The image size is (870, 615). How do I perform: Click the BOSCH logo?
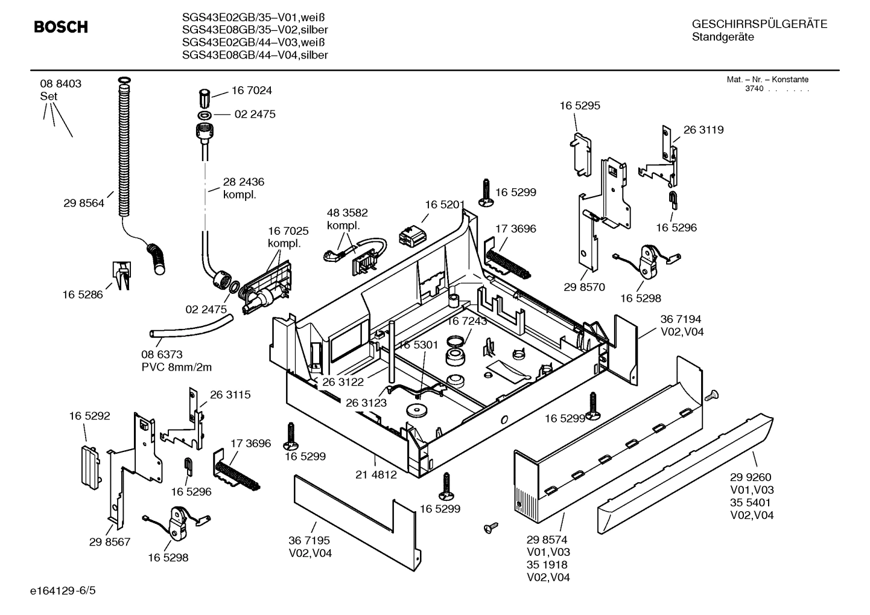[61, 27]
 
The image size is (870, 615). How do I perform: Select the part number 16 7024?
[252, 91]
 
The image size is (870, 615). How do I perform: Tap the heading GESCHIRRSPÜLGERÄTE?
[759, 24]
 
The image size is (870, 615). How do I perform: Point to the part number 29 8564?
[83, 203]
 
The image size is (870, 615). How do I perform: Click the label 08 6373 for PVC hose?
[162, 354]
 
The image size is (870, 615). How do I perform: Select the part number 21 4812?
[376, 474]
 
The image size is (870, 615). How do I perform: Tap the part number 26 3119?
[703, 130]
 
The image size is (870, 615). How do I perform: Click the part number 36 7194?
[681, 319]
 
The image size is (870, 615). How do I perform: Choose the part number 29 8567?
[110, 542]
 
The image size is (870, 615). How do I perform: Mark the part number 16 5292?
[89, 416]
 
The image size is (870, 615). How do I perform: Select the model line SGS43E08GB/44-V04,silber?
[255, 55]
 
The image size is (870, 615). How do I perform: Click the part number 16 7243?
[466, 322]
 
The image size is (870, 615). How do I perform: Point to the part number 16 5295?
[579, 106]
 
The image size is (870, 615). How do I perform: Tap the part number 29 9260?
[751, 477]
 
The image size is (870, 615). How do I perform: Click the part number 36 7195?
[310, 541]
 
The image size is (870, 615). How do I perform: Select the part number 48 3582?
[347, 213]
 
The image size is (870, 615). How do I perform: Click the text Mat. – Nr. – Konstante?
[767, 80]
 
